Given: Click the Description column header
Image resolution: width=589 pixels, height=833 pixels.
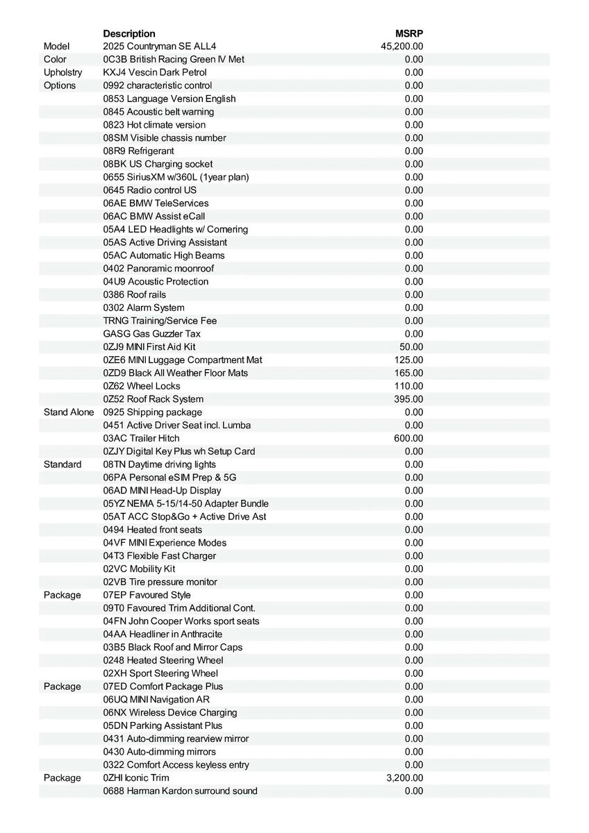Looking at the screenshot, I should coord(129,33).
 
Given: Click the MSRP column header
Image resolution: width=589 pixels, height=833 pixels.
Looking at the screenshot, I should coord(409,33).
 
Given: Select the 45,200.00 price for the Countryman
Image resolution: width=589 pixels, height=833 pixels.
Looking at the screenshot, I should coord(402,47).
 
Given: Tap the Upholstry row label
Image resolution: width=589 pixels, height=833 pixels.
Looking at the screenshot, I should coord(63,72).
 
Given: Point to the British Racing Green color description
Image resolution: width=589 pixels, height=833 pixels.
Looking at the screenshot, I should coord(174,60).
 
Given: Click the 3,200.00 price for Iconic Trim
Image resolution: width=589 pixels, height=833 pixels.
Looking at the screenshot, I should coord(404,778).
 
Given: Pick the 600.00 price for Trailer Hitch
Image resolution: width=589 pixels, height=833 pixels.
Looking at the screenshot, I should coord(408,438).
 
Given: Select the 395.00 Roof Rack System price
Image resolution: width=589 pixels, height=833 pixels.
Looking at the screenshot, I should coord(408,399).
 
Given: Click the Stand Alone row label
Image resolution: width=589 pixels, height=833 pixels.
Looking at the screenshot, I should coord(68,412).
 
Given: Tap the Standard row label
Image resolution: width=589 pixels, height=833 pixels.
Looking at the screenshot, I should coord(63,464).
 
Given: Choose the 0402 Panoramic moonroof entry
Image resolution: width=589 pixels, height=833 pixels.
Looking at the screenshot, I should coord(158,269).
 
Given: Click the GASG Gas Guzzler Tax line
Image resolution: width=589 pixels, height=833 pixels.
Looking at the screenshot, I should coord(151,334).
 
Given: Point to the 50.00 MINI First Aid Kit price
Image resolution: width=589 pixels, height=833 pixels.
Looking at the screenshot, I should coord(411,346).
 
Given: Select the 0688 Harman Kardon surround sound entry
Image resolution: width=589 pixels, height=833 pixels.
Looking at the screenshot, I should coord(180,791).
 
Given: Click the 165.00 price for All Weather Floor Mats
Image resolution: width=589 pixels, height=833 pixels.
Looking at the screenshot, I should coord(408,373).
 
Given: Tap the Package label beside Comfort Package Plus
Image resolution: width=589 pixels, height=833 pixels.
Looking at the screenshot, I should coord(62,687).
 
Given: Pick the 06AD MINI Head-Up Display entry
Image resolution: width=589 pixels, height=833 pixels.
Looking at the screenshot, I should coord(162,491).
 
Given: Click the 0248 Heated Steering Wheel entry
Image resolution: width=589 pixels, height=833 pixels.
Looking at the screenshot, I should coord(163,660).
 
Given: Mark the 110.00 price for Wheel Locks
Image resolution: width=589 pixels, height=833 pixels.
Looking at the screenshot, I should coord(408,386).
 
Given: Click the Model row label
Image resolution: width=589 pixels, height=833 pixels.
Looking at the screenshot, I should coord(56,47).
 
